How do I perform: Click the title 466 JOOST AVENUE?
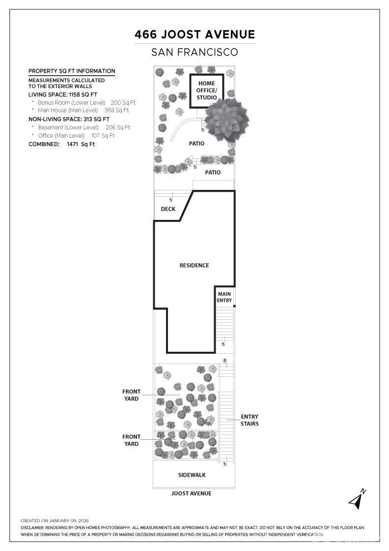coord(194,34)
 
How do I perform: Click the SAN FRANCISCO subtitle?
coord(194,52)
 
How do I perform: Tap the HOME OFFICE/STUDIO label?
coord(207,91)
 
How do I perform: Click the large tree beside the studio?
coord(226,120)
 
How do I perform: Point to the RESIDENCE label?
coord(194,266)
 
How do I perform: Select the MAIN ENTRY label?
coord(224,297)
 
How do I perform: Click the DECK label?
coord(168,209)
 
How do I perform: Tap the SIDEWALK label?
coord(192,475)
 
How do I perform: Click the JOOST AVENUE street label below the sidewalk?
coord(192,493)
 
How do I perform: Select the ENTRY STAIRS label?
coord(250,420)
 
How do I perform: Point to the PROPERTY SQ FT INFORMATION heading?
coord(72,71)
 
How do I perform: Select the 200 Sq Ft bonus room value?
coord(123,103)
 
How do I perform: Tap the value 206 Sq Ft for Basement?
coord(118,127)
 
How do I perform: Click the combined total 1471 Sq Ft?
coord(81,145)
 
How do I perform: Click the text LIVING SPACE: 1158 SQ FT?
coord(63,94)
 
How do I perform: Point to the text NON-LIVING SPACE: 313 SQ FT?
coord(69,119)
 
